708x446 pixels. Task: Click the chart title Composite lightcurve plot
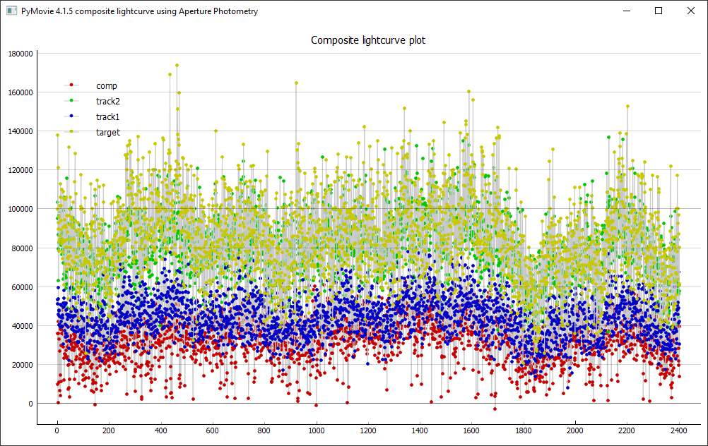(x=368, y=40)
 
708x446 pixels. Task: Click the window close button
(x=690, y=11)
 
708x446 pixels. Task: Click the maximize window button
(x=659, y=11)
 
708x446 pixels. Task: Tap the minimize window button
(x=626, y=11)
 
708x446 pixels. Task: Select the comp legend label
(x=107, y=85)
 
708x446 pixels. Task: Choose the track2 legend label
(x=108, y=101)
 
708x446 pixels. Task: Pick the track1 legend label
(x=108, y=116)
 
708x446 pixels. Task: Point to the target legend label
(x=108, y=132)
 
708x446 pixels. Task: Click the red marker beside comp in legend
(x=71, y=85)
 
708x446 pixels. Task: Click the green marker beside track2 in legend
(x=71, y=101)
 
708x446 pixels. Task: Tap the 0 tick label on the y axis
(x=30, y=404)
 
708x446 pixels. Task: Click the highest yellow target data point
(x=177, y=66)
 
